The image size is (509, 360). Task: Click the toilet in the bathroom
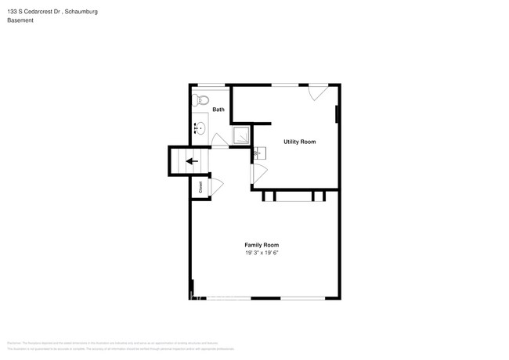coord(202,99)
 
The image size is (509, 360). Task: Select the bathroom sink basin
coord(200,129)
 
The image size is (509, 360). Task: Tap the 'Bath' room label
coord(218,110)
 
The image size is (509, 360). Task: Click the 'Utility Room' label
coord(299,142)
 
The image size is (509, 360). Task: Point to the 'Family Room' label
coord(262,245)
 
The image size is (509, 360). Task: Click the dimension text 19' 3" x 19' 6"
coord(262,253)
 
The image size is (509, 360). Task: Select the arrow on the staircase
coord(190,162)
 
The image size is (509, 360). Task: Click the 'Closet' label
coord(200,188)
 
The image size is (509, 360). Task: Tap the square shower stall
coord(242,136)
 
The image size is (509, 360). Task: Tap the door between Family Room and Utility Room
coord(258,174)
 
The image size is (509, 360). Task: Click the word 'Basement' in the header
coord(20,20)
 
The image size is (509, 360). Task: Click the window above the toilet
coord(208,85)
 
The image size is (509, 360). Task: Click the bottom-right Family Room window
coord(303,297)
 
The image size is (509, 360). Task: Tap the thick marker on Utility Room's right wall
coord(338,114)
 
